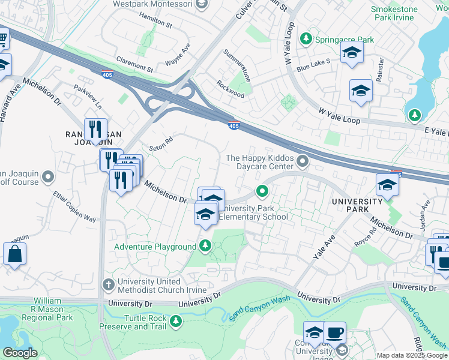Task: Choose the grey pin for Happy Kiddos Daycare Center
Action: [303, 160]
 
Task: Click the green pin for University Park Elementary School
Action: [262, 192]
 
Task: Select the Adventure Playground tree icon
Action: [205, 246]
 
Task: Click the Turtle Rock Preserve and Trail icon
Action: [176, 322]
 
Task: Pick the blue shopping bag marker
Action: [14, 254]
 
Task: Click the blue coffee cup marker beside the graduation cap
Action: [334, 332]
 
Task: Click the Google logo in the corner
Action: [20, 353]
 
